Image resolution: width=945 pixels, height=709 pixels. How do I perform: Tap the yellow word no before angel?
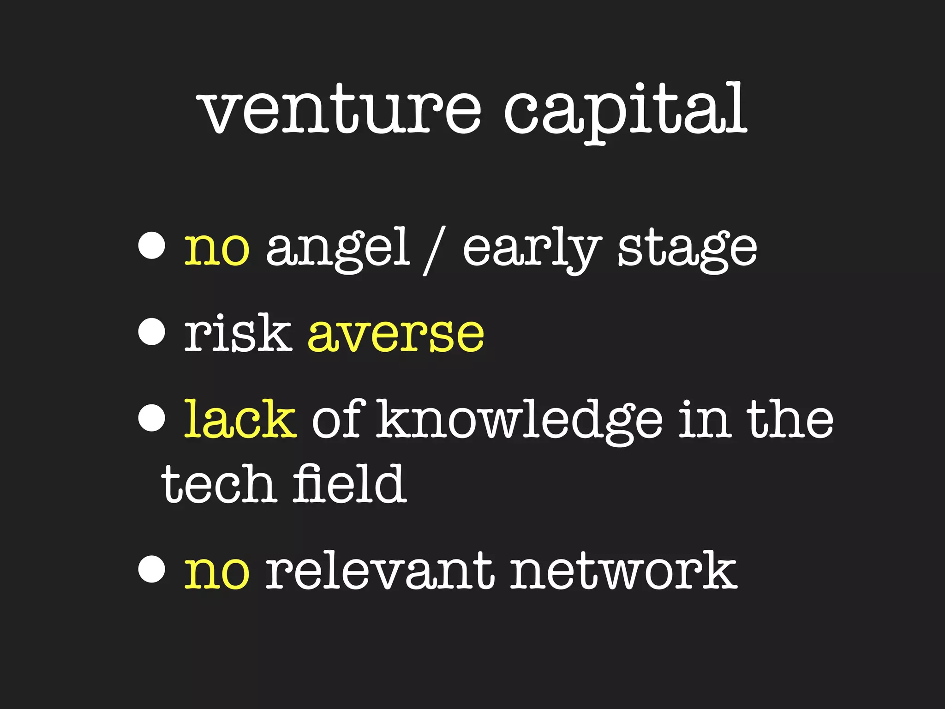click(x=217, y=249)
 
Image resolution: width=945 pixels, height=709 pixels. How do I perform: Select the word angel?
click(x=338, y=249)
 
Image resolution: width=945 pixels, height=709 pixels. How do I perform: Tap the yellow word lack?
click(x=240, y=419)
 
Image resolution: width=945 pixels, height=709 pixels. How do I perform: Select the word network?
click(x=623, y=571)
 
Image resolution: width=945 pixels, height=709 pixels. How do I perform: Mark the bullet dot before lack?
click(x=152, y=418)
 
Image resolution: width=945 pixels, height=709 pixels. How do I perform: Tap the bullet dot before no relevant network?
click(x=152, y=570)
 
